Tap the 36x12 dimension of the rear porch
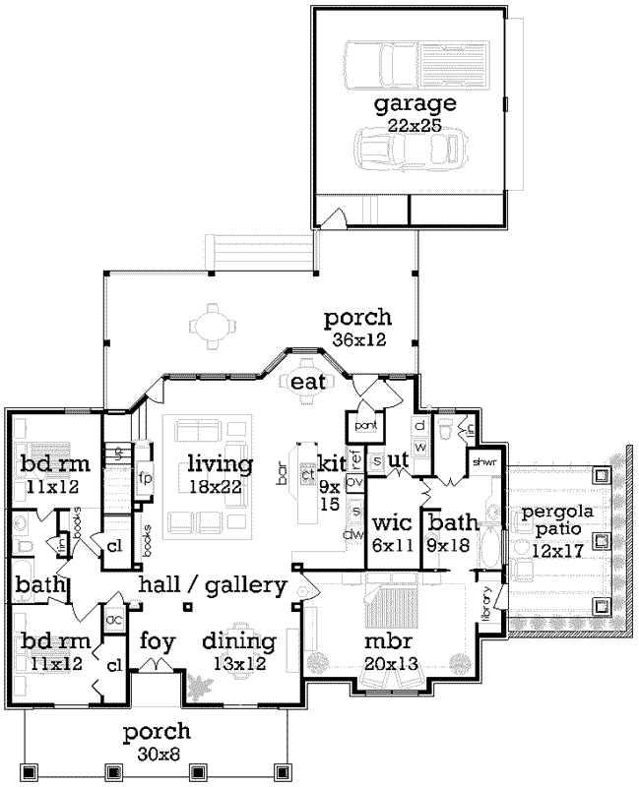tap(357, 339)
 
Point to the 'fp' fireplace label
tap(143, 478)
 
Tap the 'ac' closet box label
tap(113, 620)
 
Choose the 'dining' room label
tap(238, 641)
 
